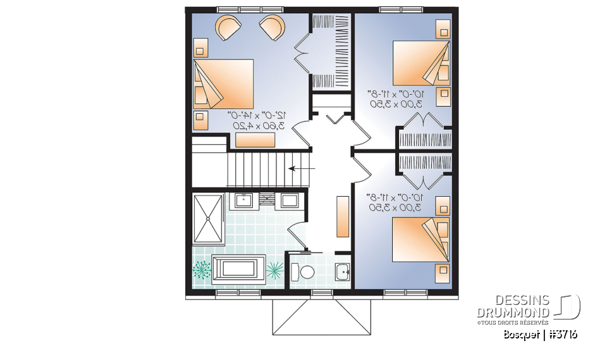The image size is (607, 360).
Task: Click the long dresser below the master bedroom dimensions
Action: point(255,140)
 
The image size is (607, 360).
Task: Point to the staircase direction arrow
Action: point(298,169)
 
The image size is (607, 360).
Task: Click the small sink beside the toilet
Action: point(341,272)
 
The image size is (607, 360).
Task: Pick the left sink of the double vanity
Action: point(244,201)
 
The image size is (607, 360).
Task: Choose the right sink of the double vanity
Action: point(290,201)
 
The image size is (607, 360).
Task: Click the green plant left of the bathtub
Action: point(202,271)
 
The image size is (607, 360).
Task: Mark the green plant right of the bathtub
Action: point(275,271)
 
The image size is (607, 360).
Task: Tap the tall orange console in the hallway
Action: point(342,216)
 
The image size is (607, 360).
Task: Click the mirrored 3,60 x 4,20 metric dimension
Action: point(260,125)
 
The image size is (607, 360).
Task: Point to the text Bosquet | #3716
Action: point(541,335)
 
